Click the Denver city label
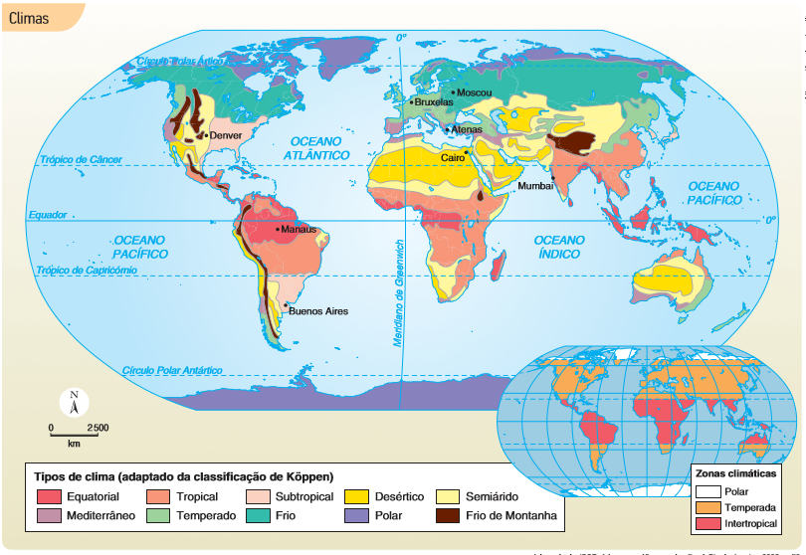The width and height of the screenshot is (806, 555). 226,135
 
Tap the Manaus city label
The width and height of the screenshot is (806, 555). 299,229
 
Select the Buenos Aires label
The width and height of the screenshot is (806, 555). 318,311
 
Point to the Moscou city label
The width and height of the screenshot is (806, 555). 474,92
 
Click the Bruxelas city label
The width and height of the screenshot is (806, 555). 433,101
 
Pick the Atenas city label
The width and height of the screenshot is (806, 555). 466,129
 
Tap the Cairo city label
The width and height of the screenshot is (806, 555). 454,157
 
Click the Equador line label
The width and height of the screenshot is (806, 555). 47,215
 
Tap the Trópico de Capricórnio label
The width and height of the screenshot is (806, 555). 86,270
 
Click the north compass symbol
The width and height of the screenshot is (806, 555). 74,402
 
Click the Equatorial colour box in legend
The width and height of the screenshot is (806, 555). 49,496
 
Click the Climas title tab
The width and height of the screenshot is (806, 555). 30,17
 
